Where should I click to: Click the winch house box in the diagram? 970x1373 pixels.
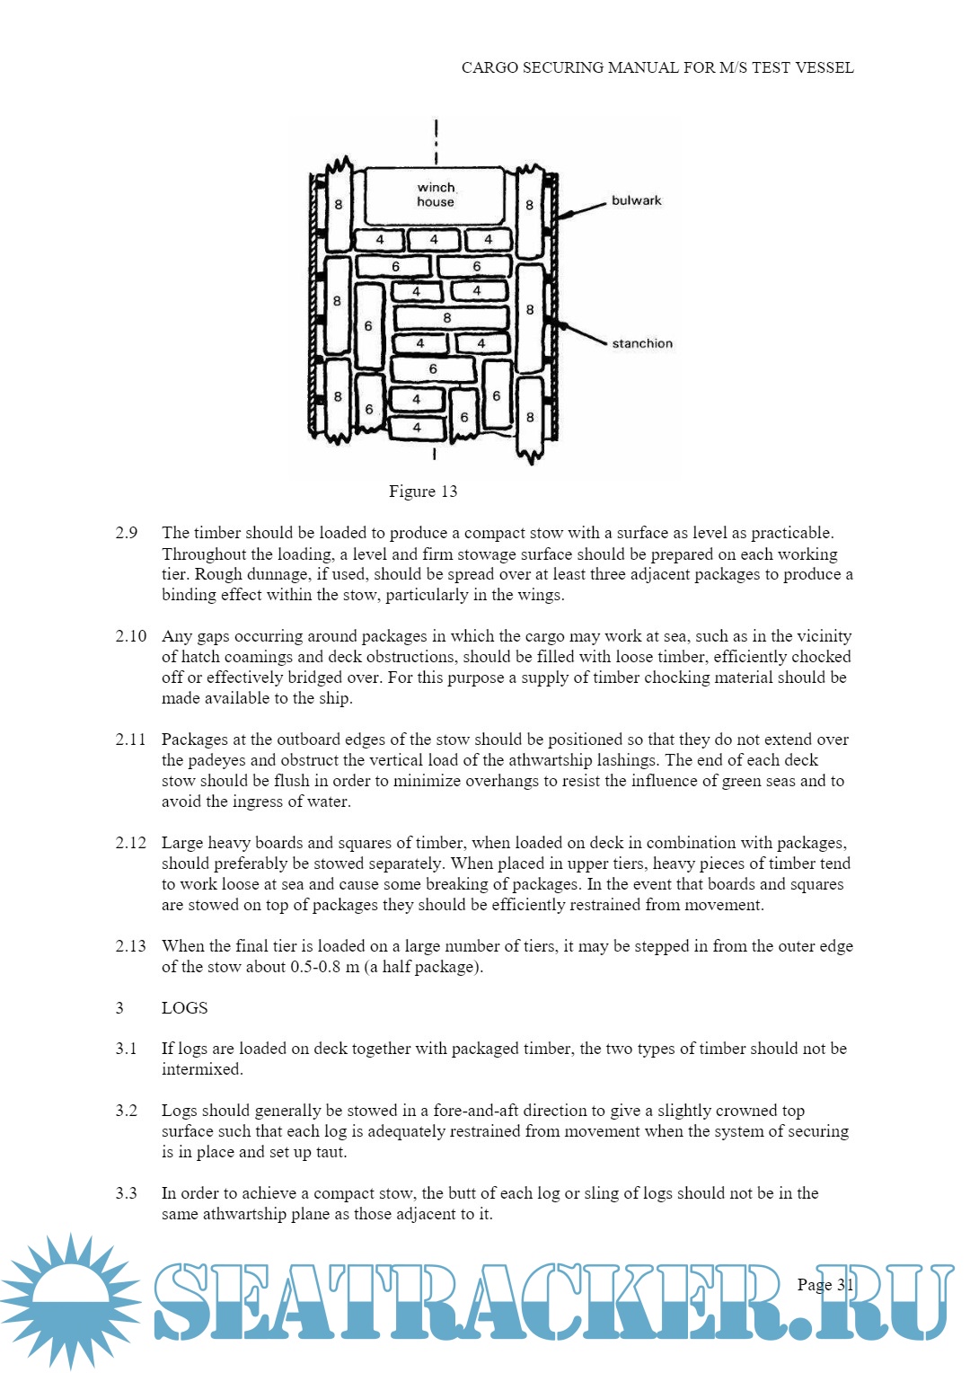436,195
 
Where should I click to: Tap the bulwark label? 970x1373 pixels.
636,200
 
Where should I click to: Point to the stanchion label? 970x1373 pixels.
642,343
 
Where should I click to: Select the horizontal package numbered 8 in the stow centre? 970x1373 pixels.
447,318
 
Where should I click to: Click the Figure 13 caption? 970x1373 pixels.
423,492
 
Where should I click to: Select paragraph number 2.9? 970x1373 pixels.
127,533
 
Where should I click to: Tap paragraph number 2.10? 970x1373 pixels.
131,636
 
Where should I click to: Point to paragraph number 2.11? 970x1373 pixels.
130,740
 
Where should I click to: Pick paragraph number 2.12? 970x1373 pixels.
131,843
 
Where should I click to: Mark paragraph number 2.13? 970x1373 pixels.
131,946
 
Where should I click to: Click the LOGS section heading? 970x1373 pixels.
184,1008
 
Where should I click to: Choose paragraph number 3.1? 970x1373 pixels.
127,1049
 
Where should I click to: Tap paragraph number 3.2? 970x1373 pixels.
127,1111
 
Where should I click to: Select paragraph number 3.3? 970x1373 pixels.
127,1193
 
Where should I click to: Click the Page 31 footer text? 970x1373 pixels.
824,1285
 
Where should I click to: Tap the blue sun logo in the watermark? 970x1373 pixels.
70,1300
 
